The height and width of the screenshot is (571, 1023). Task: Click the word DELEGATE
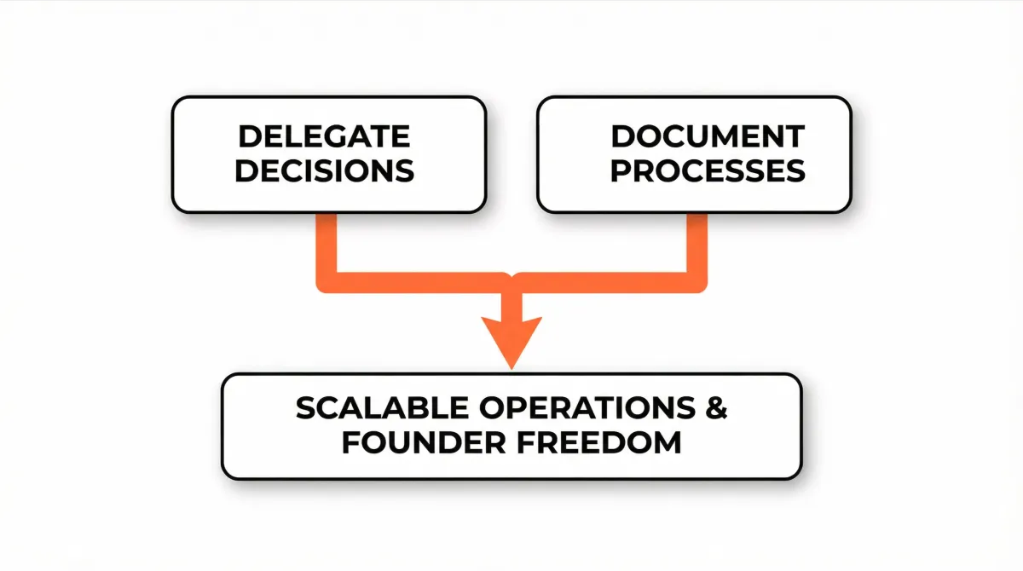click(x=323, y=136)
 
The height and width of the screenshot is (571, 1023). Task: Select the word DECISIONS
click(x=325, y=170)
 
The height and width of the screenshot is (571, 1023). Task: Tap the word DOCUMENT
click(x=708, y=136)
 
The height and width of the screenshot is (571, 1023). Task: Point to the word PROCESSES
click(x=708, y=170)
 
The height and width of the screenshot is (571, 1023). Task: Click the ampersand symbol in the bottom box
click(x=716, y=409)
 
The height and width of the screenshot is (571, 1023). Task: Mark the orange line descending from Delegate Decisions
click(x=327, y=243)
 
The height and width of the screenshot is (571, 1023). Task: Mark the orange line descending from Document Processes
click(x=696, y=243)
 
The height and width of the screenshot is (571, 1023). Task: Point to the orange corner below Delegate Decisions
click(x=328, y=282)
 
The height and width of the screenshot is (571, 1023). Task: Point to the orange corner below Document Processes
click(x=696, y=282)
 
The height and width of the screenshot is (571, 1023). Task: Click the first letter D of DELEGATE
click(x=248, y=136)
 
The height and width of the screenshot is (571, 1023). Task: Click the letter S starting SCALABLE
click(x=306, y=409)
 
